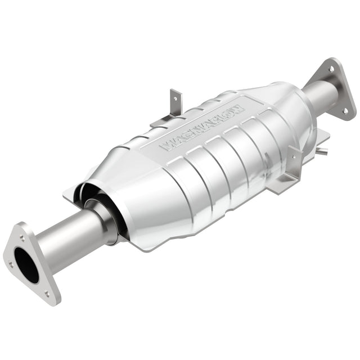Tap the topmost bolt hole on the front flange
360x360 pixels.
(22, 238)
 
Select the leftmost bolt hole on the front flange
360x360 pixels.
(11, 265)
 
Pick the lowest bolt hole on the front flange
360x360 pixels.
(47, 294)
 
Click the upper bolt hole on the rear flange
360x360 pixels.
(331, 69)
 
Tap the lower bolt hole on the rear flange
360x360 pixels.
(345, 111)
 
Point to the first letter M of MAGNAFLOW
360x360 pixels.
(168, 146)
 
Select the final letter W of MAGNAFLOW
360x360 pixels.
(237, 109)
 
